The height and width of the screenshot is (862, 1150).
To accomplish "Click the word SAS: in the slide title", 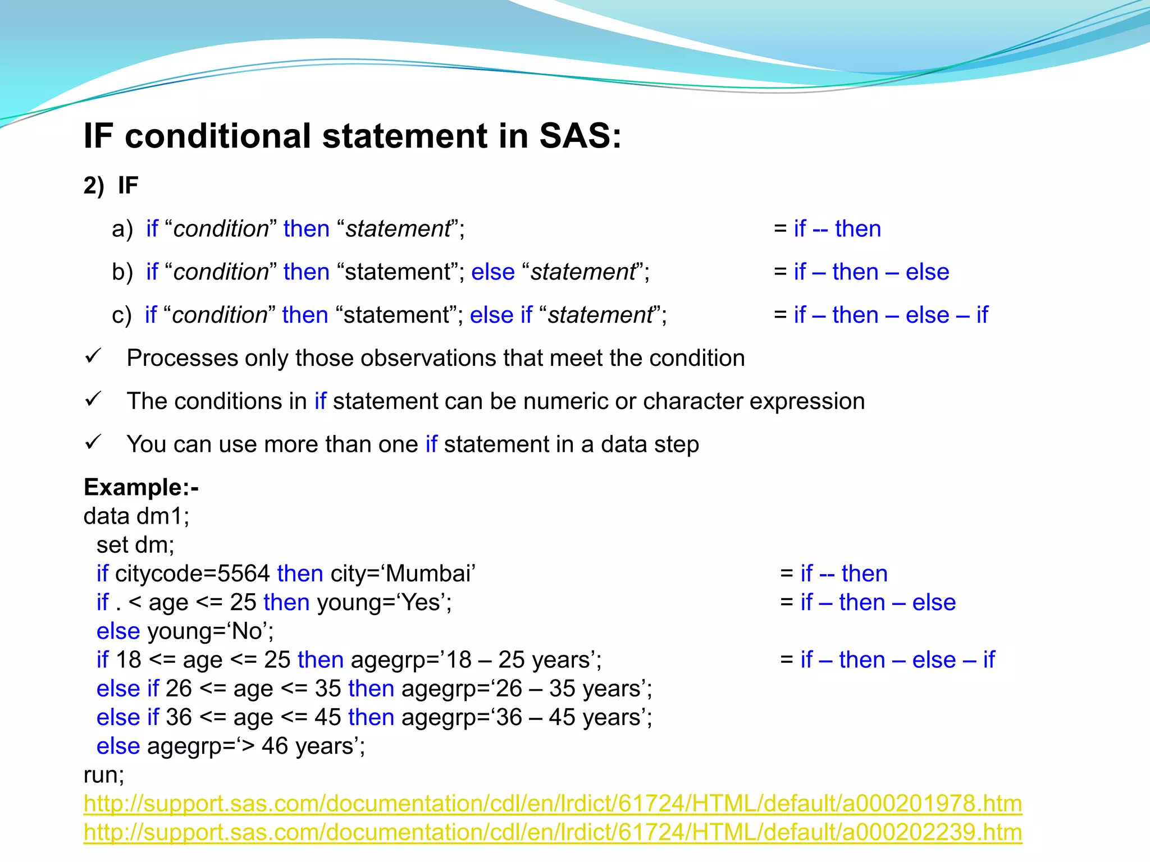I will pyautogui.click(x=580, y=136).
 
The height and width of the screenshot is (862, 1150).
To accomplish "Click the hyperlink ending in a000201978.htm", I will pyautogui.click(x=553, y=803).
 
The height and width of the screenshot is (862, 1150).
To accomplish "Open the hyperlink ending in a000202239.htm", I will pyautogui.click(x=553, y=832).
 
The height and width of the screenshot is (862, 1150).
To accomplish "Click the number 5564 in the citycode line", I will pyautogui.click(x=244, y=574).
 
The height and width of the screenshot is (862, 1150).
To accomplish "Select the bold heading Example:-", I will pyautogui.click(x=141, y=487).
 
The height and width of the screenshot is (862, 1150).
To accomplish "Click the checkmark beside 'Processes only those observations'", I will pyautogui.click(x=93, y=356).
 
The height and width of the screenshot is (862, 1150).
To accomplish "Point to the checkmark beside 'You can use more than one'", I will pyautogui.click(x=93, y=442).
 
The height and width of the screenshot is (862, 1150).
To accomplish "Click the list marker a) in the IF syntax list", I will pyautogui.click(x=122, y=229).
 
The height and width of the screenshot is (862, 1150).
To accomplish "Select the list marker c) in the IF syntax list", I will pyautogui.click(x=122, y=315).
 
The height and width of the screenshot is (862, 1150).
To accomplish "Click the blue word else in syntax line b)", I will pyautogui.click(x=492, y=272).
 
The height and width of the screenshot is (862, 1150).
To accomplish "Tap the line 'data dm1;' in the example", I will pyautogui.click(x=136, y=516).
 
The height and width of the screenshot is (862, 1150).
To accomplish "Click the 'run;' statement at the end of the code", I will pyautogui.click(x=104, y=775).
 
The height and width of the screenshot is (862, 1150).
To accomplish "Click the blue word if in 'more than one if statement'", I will pyautogui.click(x=431, y=444).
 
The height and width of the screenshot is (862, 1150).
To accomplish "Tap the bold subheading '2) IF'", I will pyautogui.click(x=111, y=186).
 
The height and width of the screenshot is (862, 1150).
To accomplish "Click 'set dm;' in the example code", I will pyautogui.click(x=135, y=545).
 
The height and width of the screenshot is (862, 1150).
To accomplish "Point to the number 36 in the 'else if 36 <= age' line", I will pyautogui.click(x=179, y=717).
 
